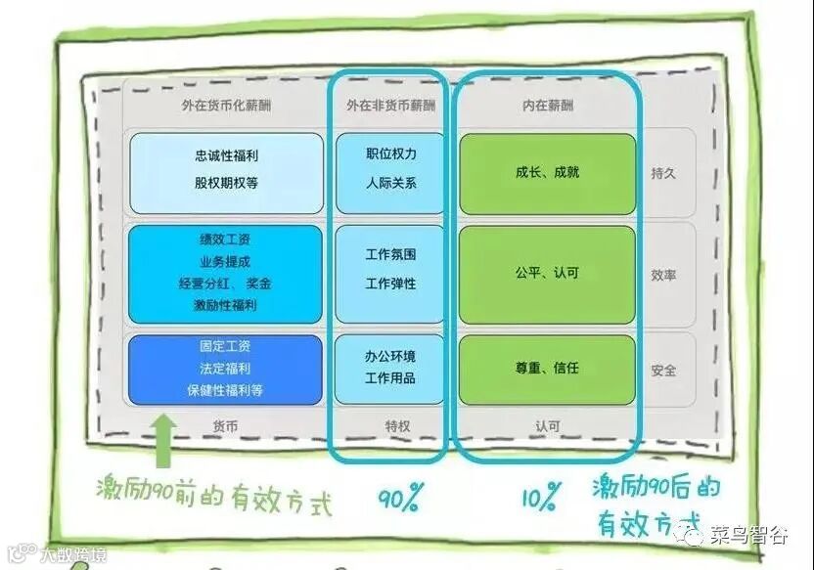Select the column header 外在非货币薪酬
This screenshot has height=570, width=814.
pos(390,105)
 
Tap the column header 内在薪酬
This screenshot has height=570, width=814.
pos(547,105)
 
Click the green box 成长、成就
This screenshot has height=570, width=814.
pos(547,173)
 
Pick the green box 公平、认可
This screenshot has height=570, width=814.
pos(547,274)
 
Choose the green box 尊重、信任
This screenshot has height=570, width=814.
pos(547,369)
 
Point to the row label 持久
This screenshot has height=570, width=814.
pos(663,173)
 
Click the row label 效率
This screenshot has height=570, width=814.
pos(663,275)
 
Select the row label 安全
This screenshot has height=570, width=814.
pos(663,371)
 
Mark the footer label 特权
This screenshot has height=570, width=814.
pos(390,426)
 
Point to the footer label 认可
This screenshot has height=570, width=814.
pos(547,426)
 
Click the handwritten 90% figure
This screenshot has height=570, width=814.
pos(399,499)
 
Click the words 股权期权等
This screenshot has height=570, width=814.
pos(226,183)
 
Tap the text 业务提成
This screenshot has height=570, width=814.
pos(226,261)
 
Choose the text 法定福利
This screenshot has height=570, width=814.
pos(226,369)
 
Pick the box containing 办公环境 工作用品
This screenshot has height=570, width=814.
pos(390,368)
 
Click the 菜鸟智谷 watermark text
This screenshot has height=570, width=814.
pos(748,534)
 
